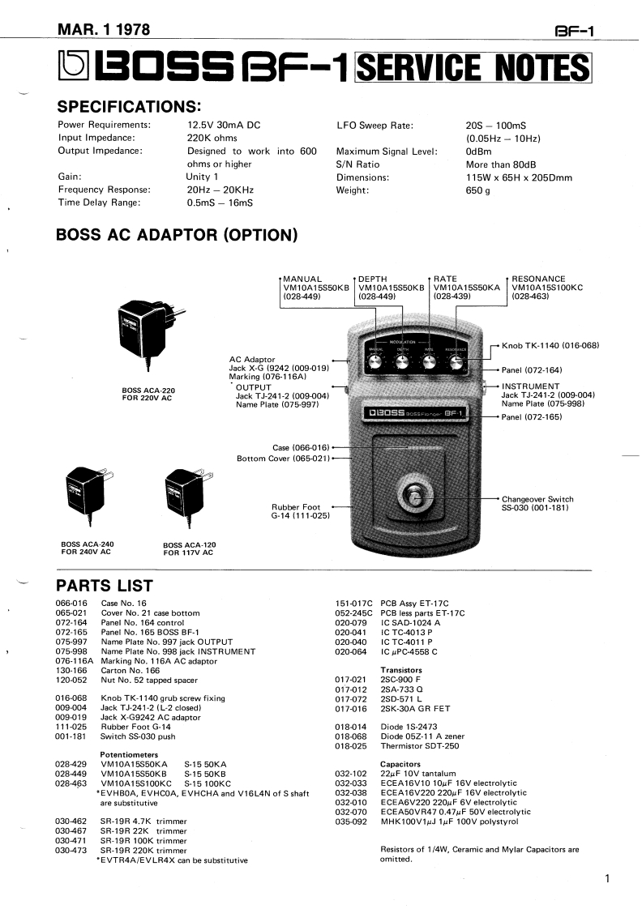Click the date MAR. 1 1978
(103, 30)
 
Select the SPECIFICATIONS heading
(128, 107)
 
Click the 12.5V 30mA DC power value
(225, 125)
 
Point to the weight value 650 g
(477, 190)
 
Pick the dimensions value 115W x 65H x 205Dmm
(519, 177)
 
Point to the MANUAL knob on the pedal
(377, 363)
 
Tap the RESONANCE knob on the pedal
(456, 363)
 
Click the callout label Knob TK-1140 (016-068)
(550, 346)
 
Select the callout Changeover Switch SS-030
(537, 503)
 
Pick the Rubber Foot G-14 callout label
(301, 511)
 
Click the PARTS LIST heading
(104, 585)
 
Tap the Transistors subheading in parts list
(401, 670)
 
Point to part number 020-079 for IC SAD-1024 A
(353, 622)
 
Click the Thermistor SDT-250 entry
(420, 746)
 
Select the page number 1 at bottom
(607, 878)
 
